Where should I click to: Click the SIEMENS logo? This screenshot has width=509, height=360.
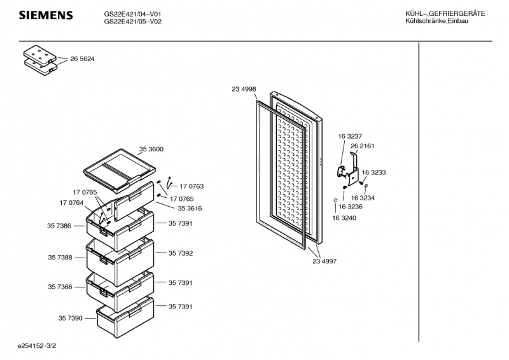pyautogui.click(x=46, y=15)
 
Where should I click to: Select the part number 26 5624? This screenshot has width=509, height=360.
pyautogui.click(x=82, y=59)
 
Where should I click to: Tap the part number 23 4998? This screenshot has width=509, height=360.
pyautogui.click(x=244, y=89)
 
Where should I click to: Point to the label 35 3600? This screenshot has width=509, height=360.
pyautogui.click(x=151, y=149)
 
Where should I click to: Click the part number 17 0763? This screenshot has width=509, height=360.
pyautogui.click(x=192, y=186)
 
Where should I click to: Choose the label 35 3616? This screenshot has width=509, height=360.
pyautogui.click(x=190, y=209)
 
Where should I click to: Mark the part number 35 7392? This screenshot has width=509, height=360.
pyautogui.click(x=181, y=253)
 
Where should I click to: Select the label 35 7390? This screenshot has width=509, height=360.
pyautogui.click(x=71, y=318)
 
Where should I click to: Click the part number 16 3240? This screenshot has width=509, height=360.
pyautogui.click(x=344, y=218)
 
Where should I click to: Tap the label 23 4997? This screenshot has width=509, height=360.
pyautogui.click(x=324, y=261)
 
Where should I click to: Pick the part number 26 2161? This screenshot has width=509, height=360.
pyautogui.click(x=362, y=146)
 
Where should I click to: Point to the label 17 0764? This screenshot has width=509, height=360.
pyautogui.click(x=71, y=203)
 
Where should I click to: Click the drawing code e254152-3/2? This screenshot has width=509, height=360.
pyautogui.click(x=37, y=346)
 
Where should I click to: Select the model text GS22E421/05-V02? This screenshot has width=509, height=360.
pyautogui.click(x=132, y=22)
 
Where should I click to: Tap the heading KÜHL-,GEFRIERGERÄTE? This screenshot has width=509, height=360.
pyautogui.click(x=445, y=13)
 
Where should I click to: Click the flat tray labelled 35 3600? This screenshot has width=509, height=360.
pyautogui.click(x=120, y=169)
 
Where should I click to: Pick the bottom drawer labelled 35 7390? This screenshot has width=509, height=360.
pyautogui.click(x=125, y=317)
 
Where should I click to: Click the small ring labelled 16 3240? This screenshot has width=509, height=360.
pyautogui.click(x=335, y=200)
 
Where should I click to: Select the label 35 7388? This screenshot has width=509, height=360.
pyautogui.click(x=60, y=258)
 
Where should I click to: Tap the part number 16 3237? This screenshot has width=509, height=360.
pyautogui.click(x=350, y=136)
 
